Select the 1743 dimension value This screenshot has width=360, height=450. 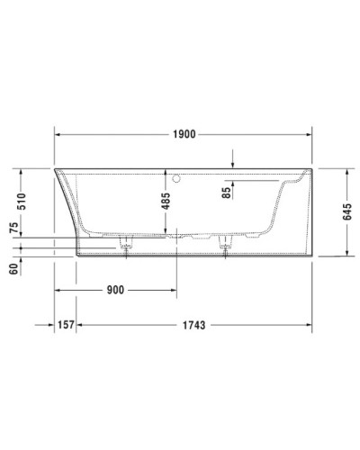tap(193, 324)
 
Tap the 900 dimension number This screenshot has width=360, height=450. tap(113, 290)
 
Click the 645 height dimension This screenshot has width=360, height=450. tap(347, 211)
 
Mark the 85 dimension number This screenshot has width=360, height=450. tap(228, 191)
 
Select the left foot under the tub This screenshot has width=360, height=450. tap(126, 247)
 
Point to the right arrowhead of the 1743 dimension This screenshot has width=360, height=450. tap(309, 324)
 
